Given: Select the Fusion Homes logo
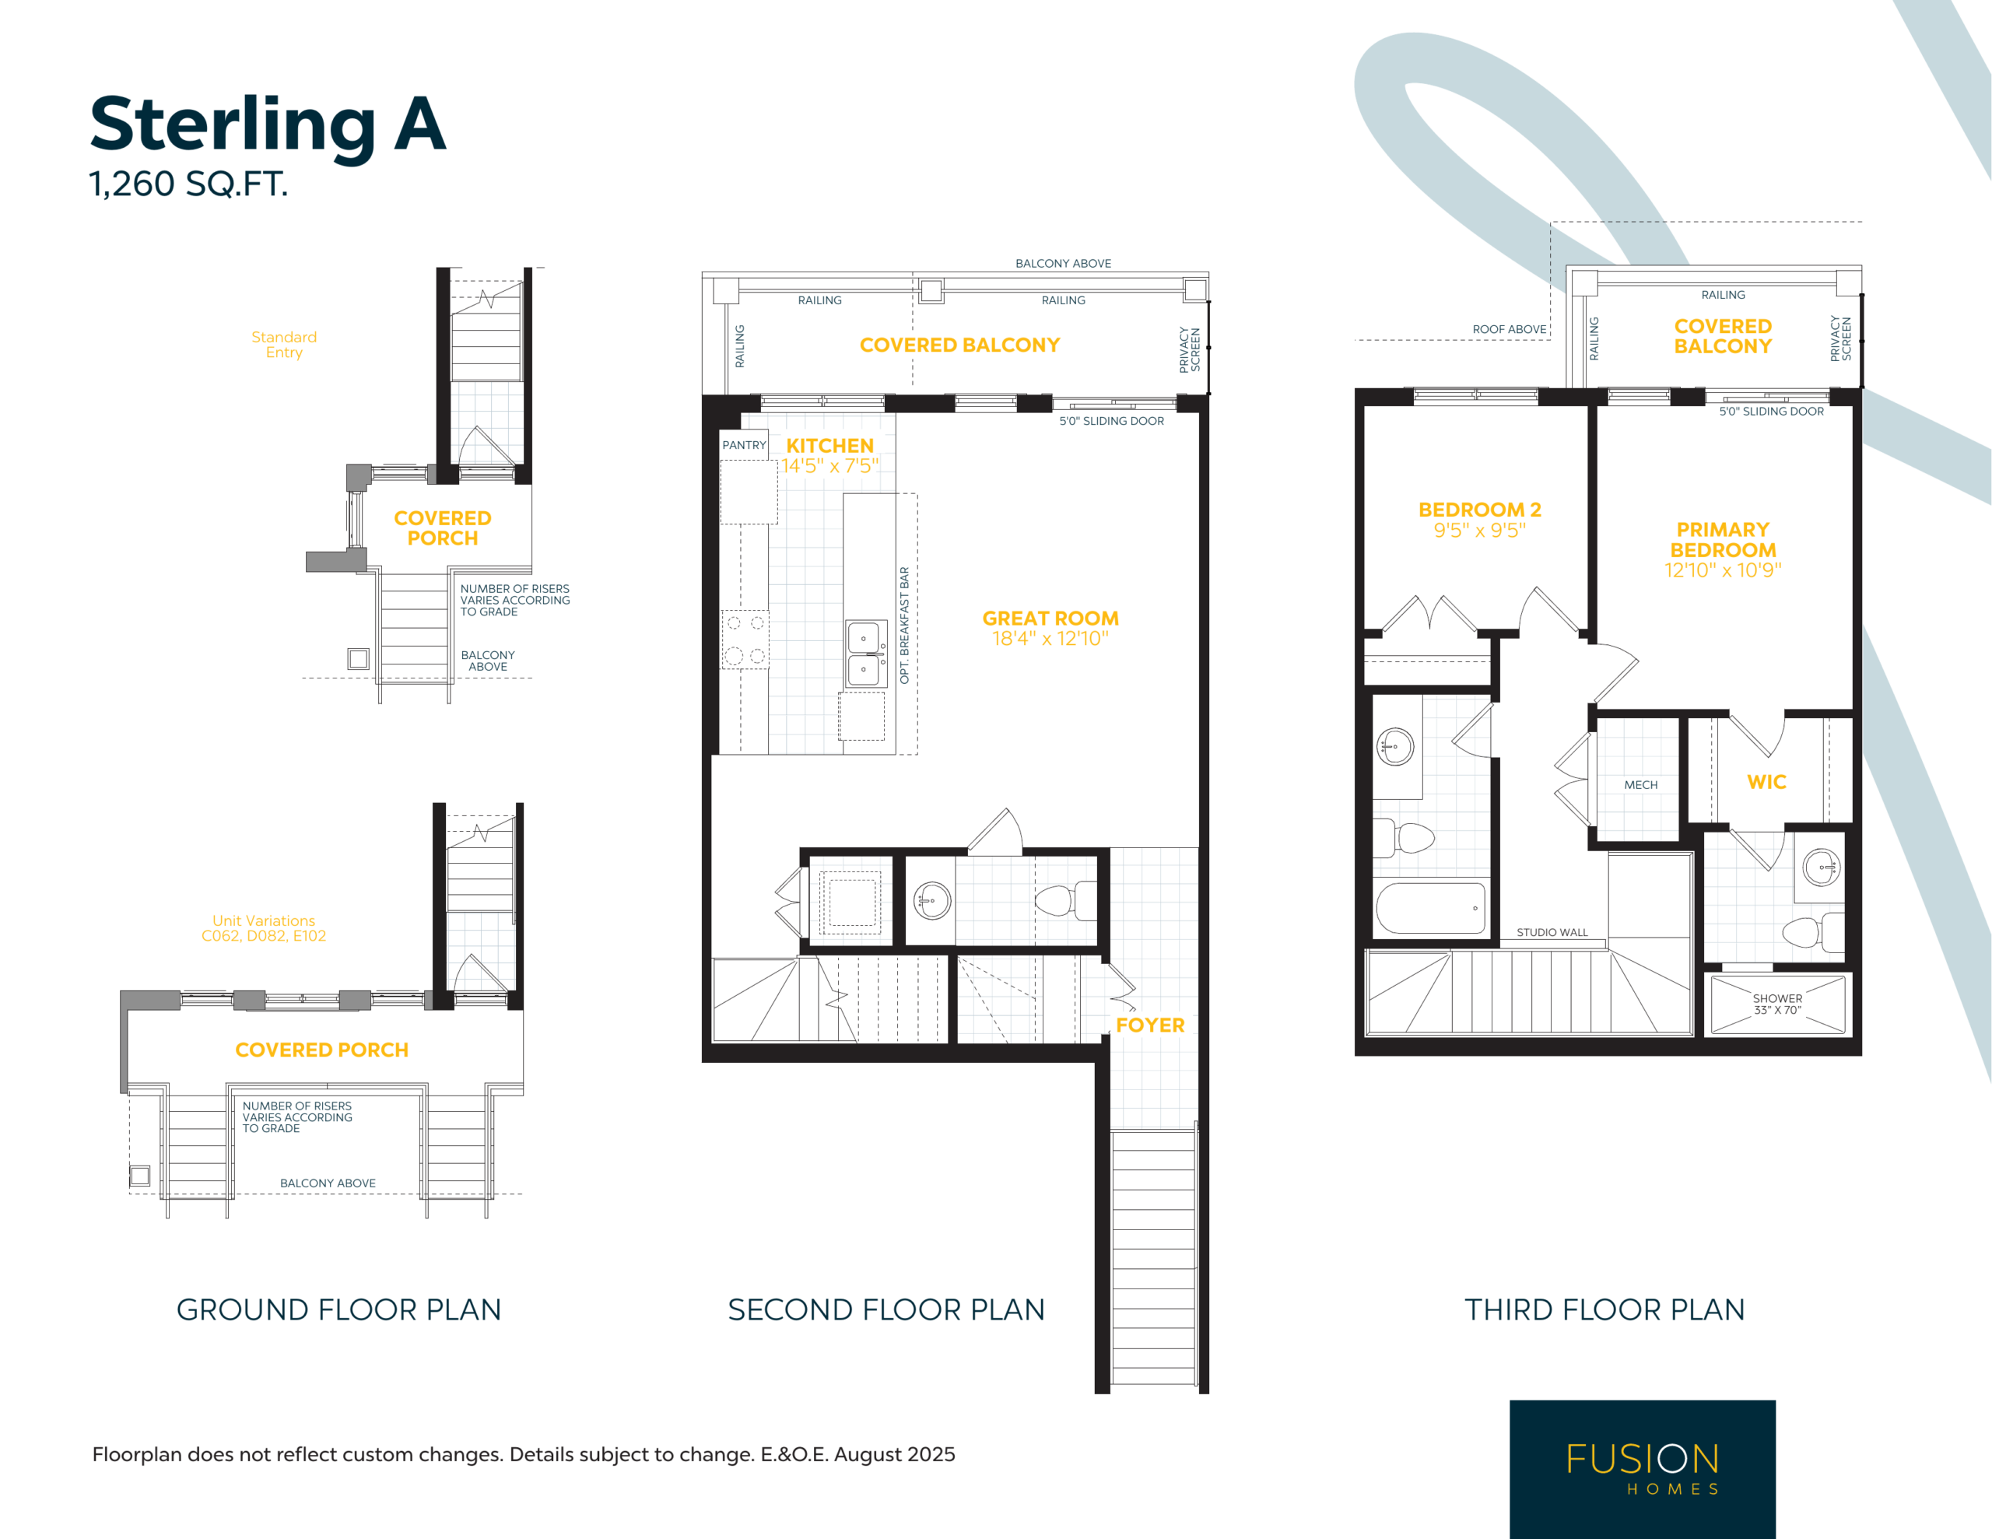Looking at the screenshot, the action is pyautogui.click(x=1642, y=1469).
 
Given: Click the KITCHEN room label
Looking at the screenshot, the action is pyautogui.click(x=830, y=445).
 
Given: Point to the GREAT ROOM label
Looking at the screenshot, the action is pyautogui.click(x=1050, y=618).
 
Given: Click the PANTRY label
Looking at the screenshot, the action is pyautogui.click(x=744, y=445).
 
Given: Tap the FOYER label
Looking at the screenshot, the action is pyautogui.click(x=1150, y=1025).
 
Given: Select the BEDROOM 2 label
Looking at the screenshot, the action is pyautogui.click(x=1479, y=509).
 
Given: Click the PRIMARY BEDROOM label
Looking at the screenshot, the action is pyautogui.click(x=1723, y=540).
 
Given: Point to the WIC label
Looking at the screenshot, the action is pyautogui.click(x=1766, y=782).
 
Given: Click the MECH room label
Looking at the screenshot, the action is pyautogui.click(x=1641, y=784).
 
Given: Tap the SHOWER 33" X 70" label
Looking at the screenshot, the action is pyautogui.click(x=1778, y=1004).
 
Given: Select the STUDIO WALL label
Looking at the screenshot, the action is pyautogui.click(x=1552, y=932).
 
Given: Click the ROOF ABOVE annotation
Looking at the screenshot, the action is pyautogui.click(x=1510, y=329).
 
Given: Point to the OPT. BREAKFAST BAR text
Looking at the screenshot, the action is pyautogui.click(x=905, y=625).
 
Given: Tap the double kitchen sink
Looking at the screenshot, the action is pyautogui.click(x=864, y=654).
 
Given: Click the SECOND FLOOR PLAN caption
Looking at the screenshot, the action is pyautogui.click(x=886, y=1309).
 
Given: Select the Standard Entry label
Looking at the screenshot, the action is pyautogui.click(x=284, y=345).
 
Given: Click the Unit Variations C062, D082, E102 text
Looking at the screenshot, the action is pyautogui.click(x=264, y=927).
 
